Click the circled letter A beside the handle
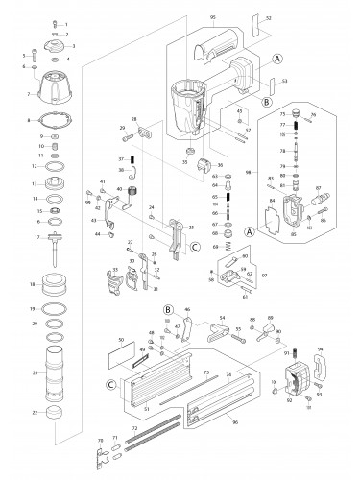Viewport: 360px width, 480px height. (276, 58)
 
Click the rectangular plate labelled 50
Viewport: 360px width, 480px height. (124, 352)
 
